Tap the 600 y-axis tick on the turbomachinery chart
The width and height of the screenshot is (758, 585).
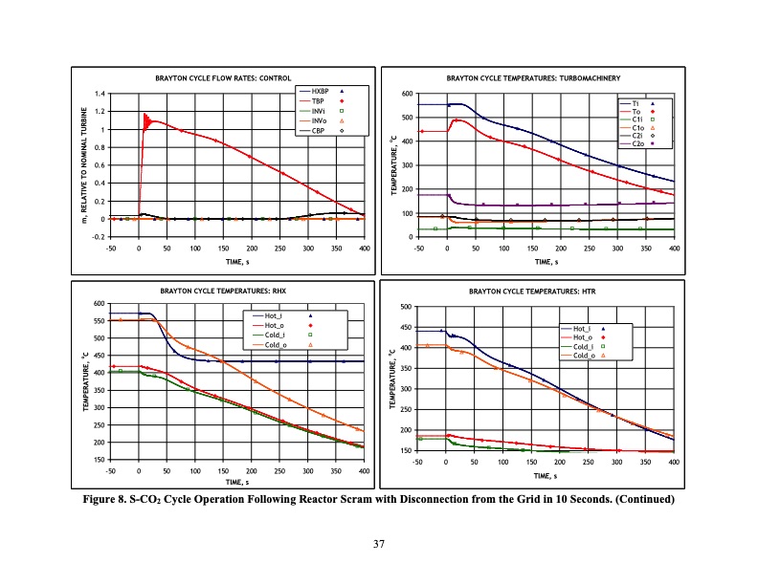tap(407, 94)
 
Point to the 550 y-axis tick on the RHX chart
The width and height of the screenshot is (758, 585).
tap(100, 321)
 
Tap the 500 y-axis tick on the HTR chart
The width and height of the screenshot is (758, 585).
tap(407, 307)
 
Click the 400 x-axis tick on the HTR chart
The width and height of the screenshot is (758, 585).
tap(673, 462)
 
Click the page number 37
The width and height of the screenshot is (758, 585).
tap(379, 545)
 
